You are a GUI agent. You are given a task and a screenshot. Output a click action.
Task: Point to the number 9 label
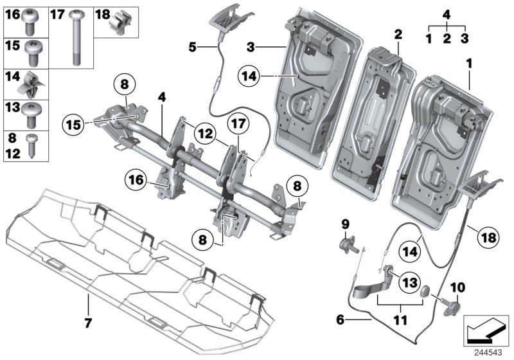(x=345, y=224)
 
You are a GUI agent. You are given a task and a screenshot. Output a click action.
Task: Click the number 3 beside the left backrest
(x=252, y=47)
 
